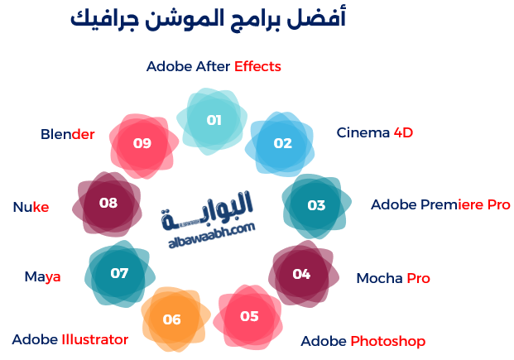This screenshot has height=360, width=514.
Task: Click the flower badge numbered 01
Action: [214, 120]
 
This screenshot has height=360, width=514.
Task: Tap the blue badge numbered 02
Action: [283, 143]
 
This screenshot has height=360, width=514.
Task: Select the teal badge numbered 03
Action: [316, 205]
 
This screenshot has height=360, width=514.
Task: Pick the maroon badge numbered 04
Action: [301, 274]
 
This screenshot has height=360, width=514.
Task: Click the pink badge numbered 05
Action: [249, 316]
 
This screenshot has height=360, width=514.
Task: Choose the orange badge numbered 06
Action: [171, 319]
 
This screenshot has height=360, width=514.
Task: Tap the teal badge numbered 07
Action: [119, 273]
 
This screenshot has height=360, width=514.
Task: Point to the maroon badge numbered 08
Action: [108, 203]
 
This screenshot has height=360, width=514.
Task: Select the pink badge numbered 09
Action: [142, 143]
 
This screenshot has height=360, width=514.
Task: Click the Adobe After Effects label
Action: [214, 66]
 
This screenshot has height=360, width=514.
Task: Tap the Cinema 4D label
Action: [374, 132]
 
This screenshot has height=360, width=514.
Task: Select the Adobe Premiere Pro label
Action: [440, 204]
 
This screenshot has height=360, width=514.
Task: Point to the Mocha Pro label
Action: [393, 278]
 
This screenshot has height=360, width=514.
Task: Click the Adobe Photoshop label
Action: [363, 341]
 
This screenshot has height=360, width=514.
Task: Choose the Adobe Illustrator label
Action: [70, 339]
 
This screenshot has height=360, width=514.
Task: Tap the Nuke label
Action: [31, 207]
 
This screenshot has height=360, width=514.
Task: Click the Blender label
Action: [67, 134]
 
